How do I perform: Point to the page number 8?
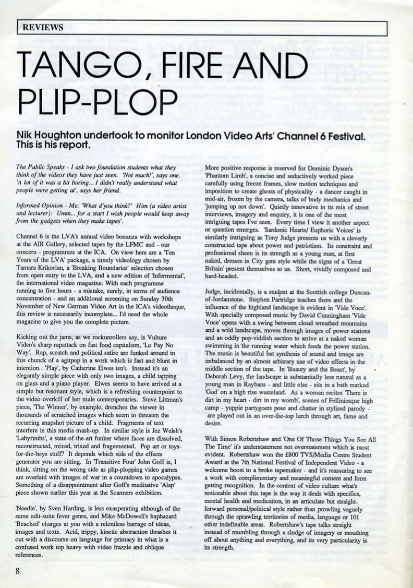click(18, 570)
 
